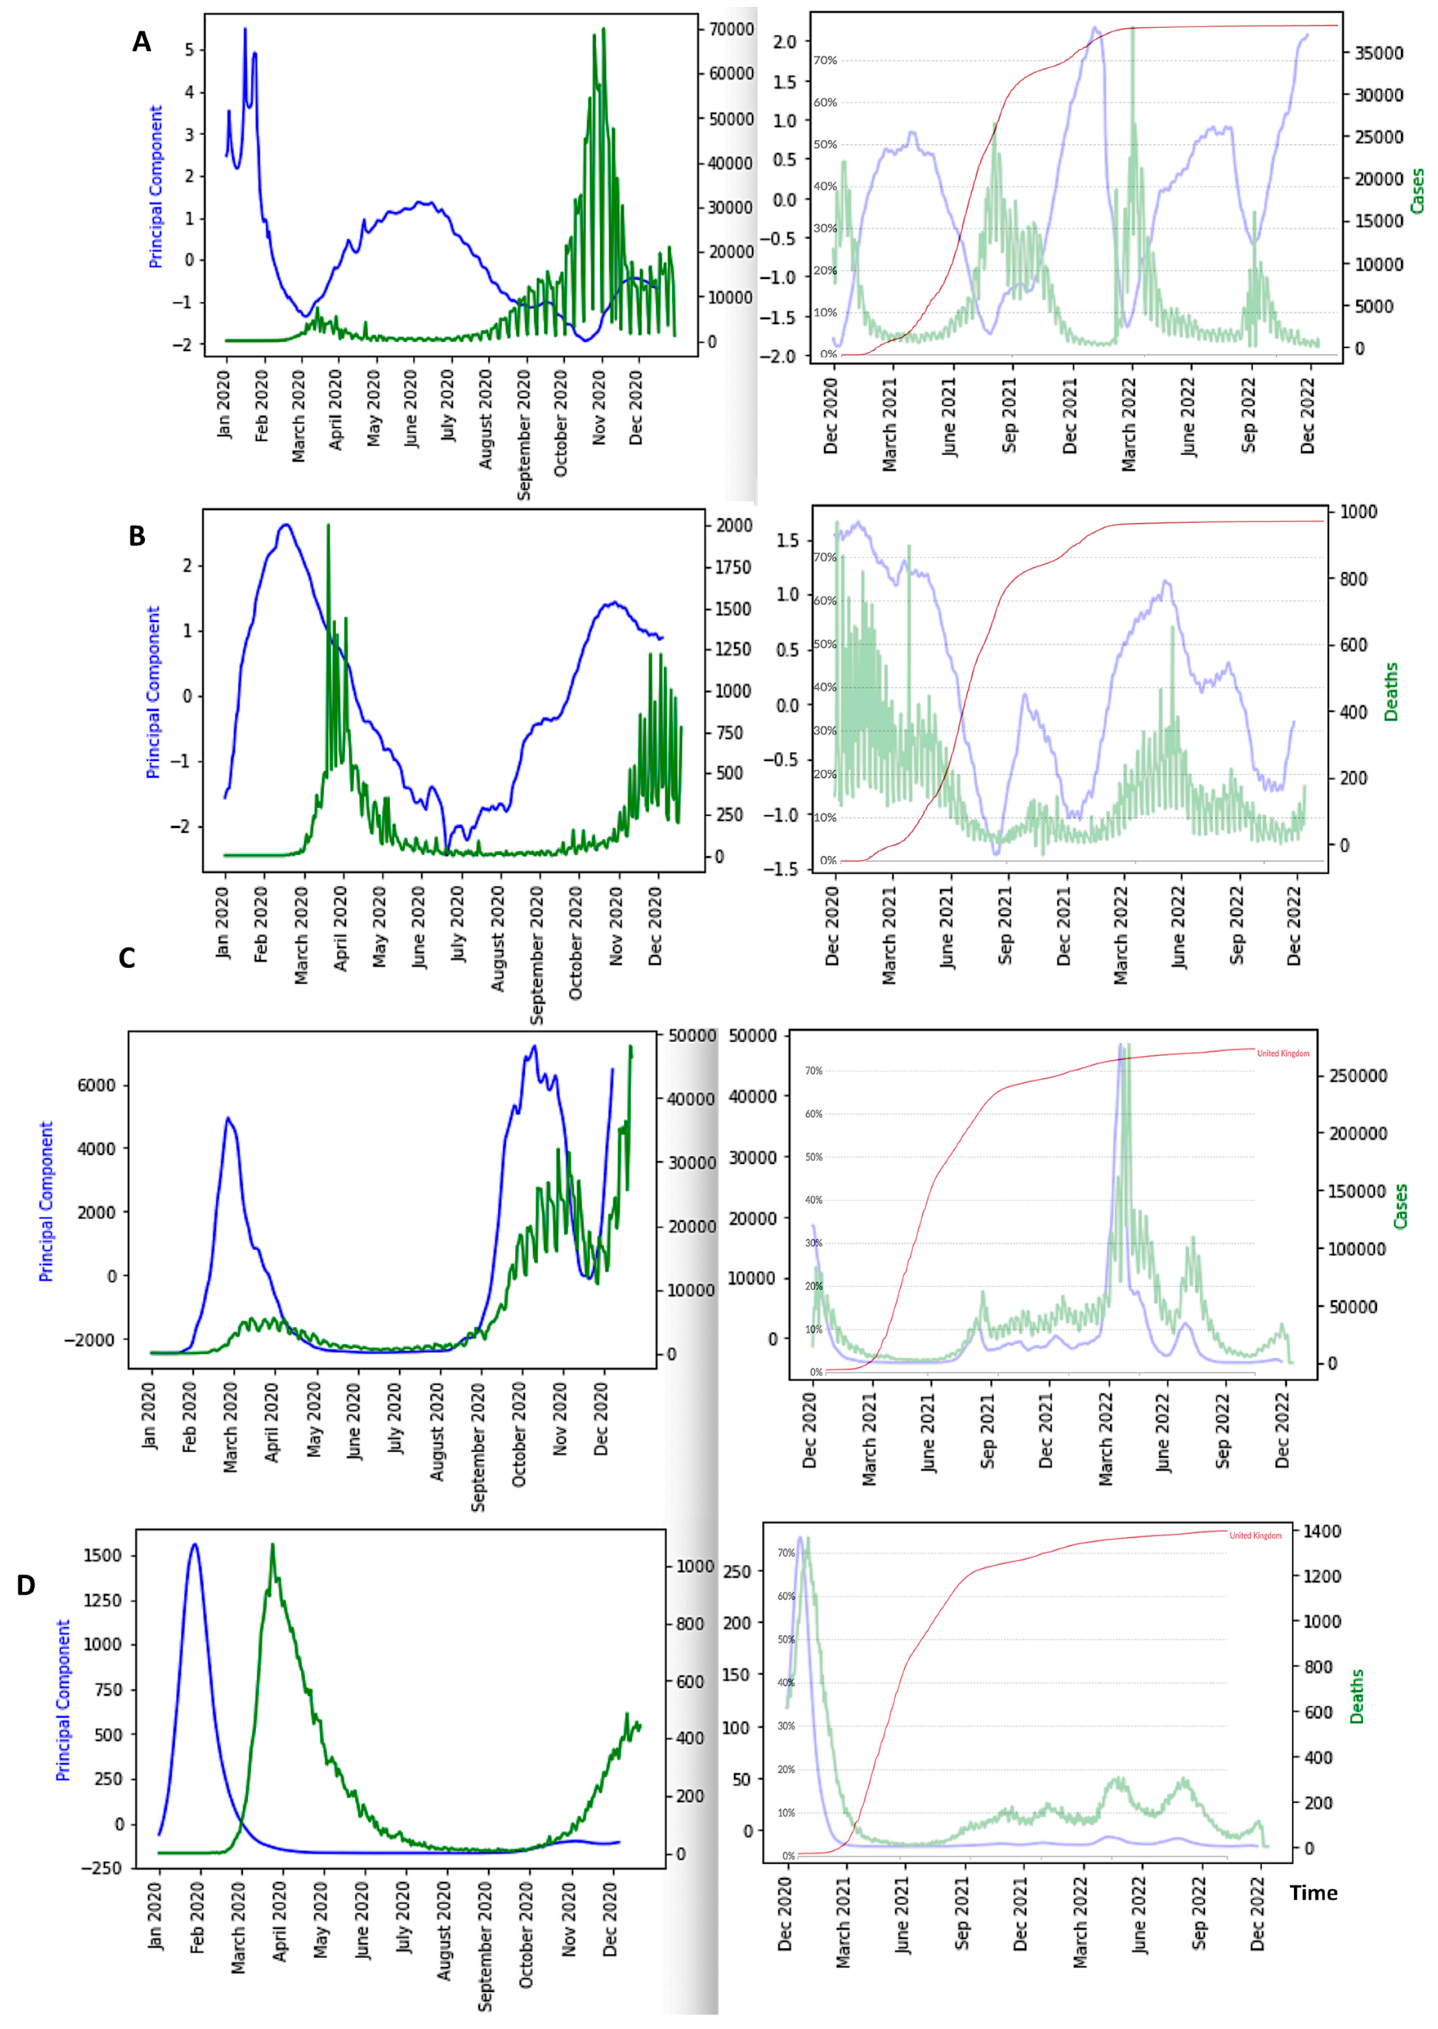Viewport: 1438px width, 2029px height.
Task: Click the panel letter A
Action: click(142, 42)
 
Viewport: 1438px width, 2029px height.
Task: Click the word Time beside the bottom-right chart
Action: click(1313, 1892)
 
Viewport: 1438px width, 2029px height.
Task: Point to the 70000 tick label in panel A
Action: click(731, 29)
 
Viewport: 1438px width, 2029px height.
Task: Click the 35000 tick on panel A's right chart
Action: click(1379, 53)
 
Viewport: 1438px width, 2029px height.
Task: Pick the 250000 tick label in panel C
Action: click(1357, 1076)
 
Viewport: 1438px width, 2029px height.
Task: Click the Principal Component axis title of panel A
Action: click(156, 187)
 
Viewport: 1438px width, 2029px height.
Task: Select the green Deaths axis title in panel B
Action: click(1391, 692)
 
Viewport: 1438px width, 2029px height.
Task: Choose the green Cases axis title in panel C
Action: click(1400, 1206)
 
